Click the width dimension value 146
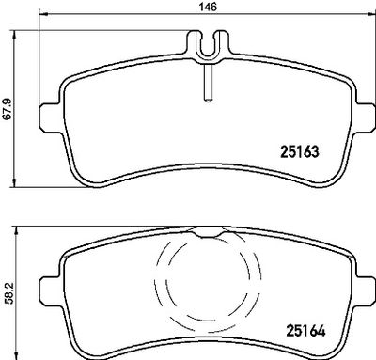point(209,7)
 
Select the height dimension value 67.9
point(7,108)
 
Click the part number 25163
point(300,152)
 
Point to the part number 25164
point(305,331)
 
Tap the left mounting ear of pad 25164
point(50,292)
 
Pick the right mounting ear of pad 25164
point(365,292)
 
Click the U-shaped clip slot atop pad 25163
point(209,45)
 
